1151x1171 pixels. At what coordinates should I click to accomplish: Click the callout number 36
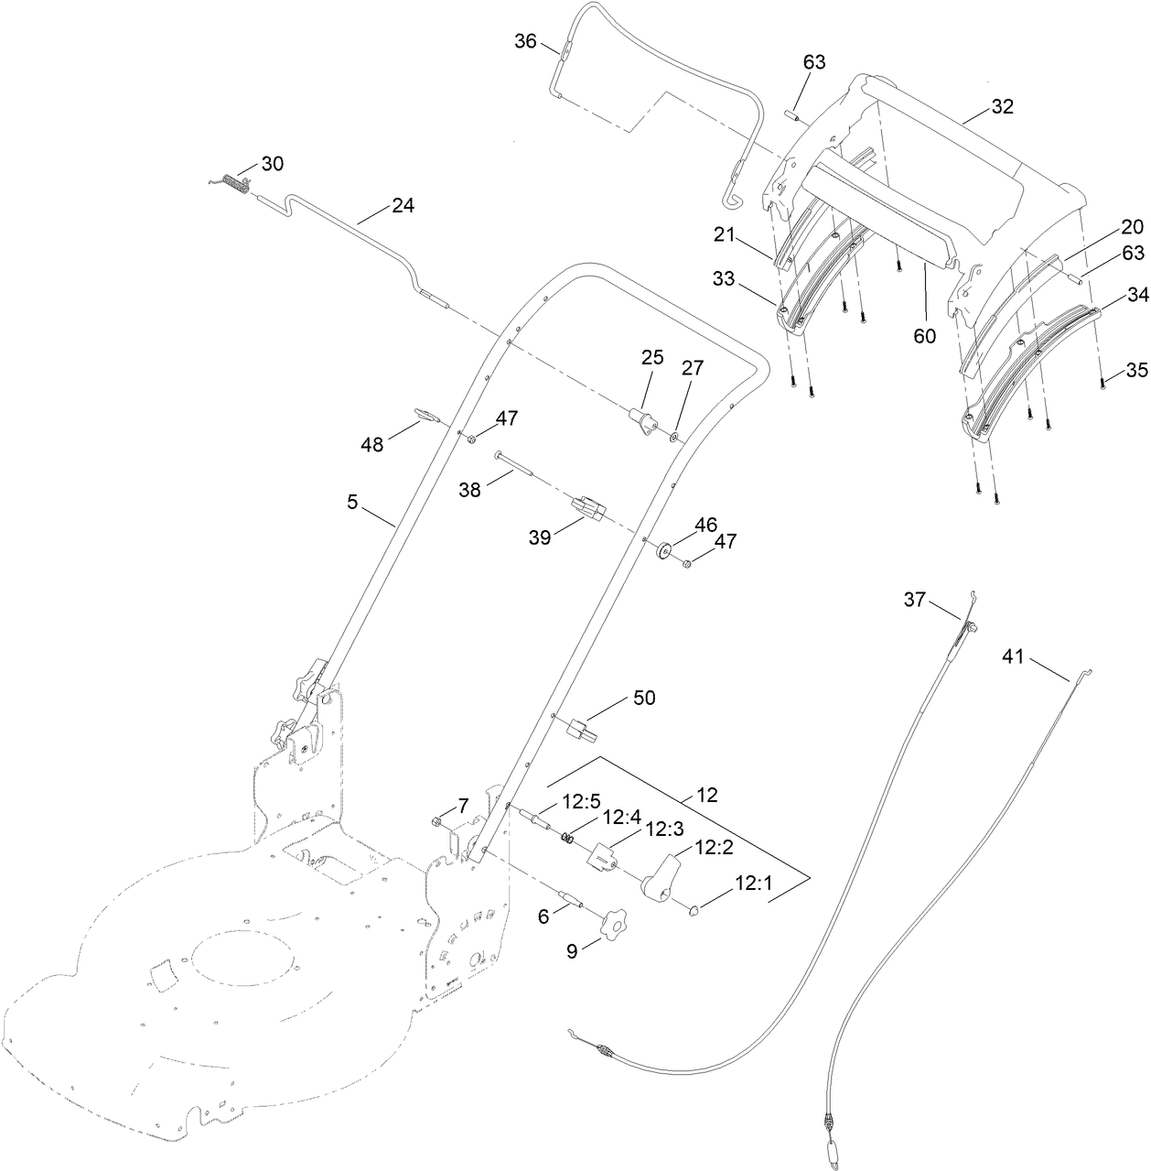point(525,41)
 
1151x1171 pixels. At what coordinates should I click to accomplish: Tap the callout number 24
point(403,205)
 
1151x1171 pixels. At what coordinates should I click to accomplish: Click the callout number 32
point(1002,106)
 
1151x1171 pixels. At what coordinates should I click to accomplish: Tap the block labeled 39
point(586,506)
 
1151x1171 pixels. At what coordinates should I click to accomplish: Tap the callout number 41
point(1012,656)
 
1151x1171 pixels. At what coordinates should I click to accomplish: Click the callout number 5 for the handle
point(351,502)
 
